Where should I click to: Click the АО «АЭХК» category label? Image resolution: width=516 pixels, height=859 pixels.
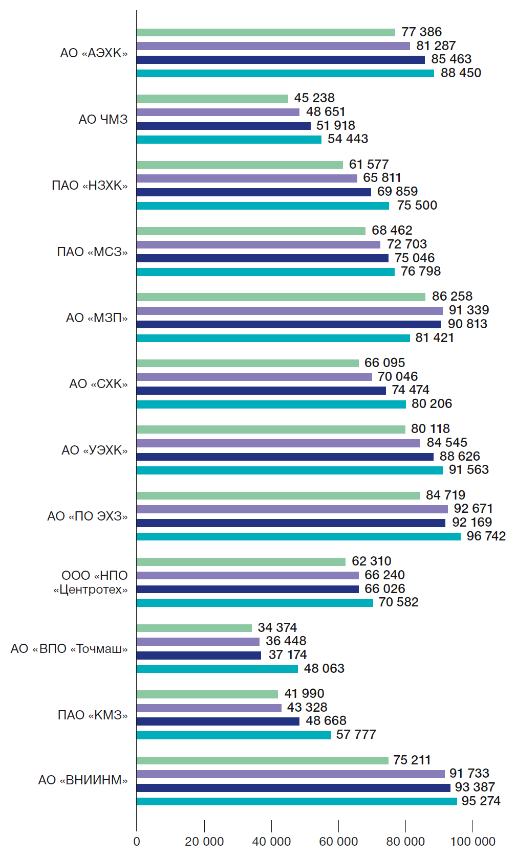click(94, 53)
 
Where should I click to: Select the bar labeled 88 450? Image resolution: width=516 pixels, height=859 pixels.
click(285, 74)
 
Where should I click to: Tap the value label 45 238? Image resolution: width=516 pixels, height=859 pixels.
click(314, 98)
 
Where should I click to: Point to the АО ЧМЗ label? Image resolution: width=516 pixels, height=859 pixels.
click(103, 120)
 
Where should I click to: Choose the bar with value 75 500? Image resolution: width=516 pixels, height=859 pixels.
click(263, 206)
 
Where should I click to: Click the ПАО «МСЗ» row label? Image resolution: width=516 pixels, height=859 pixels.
click(92, 252)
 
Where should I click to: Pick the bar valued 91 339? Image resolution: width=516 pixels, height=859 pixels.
click(290, 311)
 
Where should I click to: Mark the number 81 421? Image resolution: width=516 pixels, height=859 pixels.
click(435, 338)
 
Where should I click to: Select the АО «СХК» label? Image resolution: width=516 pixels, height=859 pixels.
click(98, 384)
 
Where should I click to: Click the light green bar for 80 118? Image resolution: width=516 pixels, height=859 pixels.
click(271, 429)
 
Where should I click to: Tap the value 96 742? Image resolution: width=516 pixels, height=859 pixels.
click(486, 536)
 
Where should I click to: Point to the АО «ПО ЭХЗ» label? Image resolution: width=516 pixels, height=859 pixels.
click(88, 516)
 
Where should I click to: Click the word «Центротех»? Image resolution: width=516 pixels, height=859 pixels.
click(91, 590)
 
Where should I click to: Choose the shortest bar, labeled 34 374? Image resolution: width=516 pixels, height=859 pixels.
click(194, 628)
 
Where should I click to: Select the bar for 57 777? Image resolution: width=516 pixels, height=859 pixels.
click(234, 735)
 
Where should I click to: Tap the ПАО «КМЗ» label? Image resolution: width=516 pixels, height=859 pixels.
click(93, 715)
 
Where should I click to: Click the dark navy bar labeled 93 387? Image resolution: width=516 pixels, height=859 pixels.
click(293, 788)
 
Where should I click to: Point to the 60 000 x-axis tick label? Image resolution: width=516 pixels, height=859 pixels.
click(338, 842)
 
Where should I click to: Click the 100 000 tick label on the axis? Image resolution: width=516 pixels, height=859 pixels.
click(472, 842)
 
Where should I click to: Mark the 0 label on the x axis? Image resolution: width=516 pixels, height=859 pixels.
click(137, 842)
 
